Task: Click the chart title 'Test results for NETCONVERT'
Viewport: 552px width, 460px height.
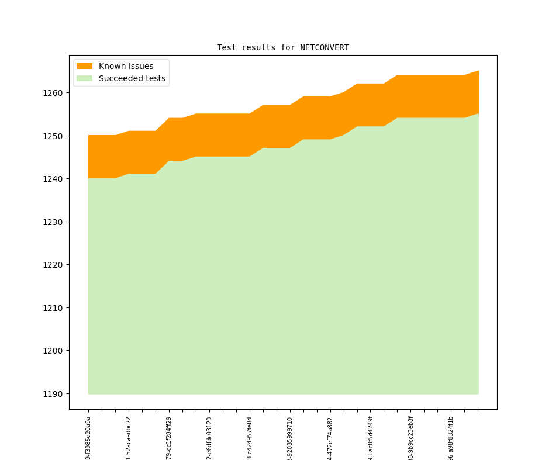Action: pyautogui.click(x=282, y=48)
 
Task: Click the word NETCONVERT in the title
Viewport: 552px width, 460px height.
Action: pyautogui.click(x=325, y=48)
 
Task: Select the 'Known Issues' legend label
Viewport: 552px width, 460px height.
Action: pyautogui.click(x=126, y=66)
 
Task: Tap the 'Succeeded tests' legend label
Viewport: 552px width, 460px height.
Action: pyautogui.click(x=132, y=78)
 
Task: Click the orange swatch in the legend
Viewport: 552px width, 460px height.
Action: pyautogui.click(x=84, y=66)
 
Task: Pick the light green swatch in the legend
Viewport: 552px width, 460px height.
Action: pyautogui.click(x=84, y=78)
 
